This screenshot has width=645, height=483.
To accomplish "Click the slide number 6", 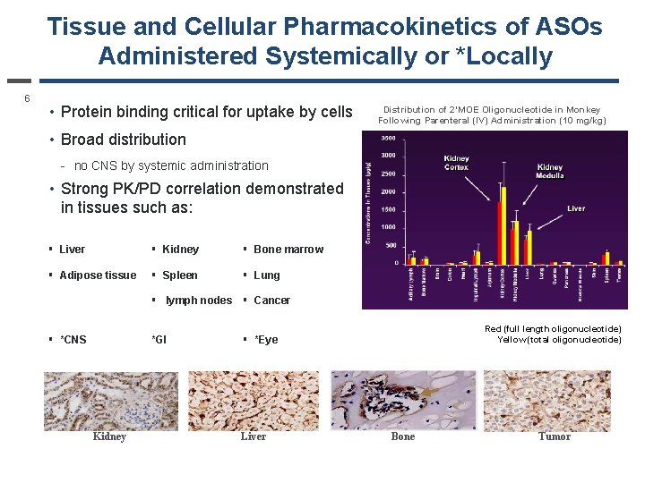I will click(x=27, y=98).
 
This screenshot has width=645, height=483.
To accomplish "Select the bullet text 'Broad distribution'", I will click(x=123, y=140).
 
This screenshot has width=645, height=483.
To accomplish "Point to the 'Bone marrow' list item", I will click(x=288, y=250).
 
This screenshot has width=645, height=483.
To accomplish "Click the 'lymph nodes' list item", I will click(x=198, y=301).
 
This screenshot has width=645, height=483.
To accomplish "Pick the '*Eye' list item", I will click(x=266, y=340).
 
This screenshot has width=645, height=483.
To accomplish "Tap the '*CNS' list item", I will click(x=73, y=340).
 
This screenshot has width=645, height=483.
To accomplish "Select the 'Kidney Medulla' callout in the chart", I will click(x=549, y=172).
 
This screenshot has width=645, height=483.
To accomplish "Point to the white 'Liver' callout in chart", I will click(x=576, y=208).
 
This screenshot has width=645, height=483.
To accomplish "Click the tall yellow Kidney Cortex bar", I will click(x=504, y=224).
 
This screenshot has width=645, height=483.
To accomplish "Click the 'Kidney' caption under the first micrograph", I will click(x=109, y=436).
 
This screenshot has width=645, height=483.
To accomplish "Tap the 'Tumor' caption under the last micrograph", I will click(x=555, y=436).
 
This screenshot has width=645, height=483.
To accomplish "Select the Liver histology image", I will click(x=254, y=400).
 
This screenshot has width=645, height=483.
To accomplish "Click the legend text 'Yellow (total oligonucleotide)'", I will click(x=559, y=340).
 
